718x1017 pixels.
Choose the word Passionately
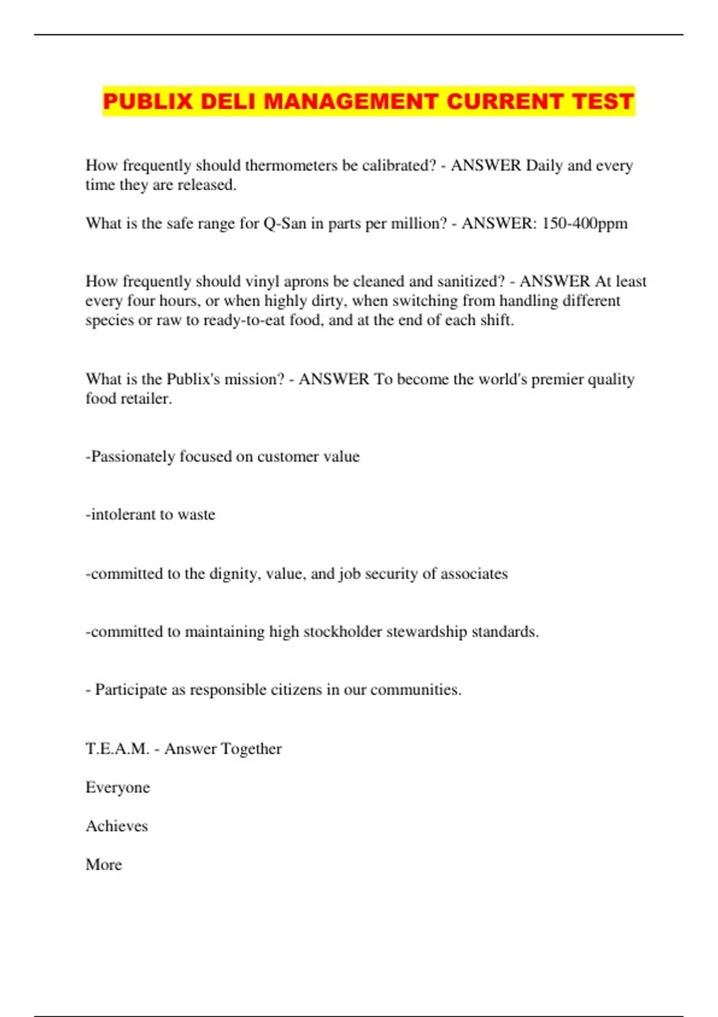130,456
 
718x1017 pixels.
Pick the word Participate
131,690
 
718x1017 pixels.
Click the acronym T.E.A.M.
117,749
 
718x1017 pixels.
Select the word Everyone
117,787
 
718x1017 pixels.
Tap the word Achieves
117,826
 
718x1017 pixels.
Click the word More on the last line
104,864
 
